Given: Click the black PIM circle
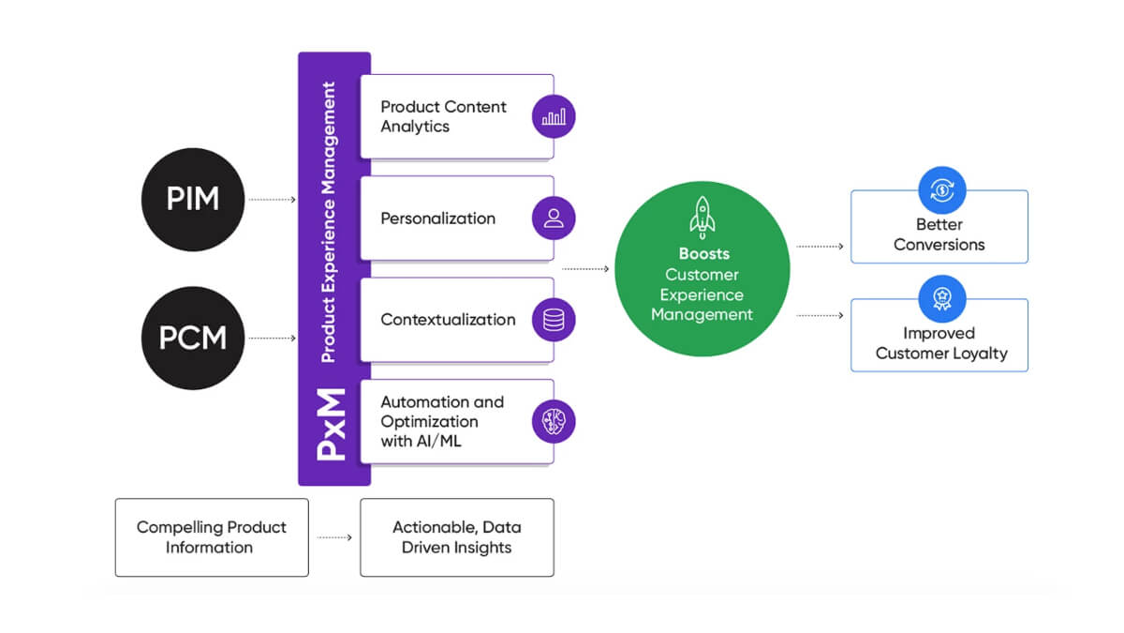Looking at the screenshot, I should [193, 199].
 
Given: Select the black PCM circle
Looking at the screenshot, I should [193, 338].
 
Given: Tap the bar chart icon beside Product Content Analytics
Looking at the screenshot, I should [554, 117].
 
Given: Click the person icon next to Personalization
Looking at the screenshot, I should [554, 219].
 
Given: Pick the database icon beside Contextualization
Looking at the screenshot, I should [554, 320].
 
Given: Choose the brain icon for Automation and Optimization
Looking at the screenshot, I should [554, 421].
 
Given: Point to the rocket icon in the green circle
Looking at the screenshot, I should [702, 218].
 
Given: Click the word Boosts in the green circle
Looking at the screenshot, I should [703, 254].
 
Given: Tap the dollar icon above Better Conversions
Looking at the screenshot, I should [940, 190].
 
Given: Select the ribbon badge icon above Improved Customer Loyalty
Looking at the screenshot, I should [940, 298].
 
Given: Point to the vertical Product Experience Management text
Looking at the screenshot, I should [328, 222].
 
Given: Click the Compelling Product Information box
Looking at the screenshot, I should [212, 537].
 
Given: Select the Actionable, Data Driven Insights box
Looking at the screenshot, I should [457, 537].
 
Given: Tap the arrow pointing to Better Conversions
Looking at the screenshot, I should [820, 247].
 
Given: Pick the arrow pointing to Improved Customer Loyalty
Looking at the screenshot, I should [820, 316].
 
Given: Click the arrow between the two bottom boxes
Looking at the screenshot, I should [334, 537].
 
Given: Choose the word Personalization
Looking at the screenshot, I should [437, 219].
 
